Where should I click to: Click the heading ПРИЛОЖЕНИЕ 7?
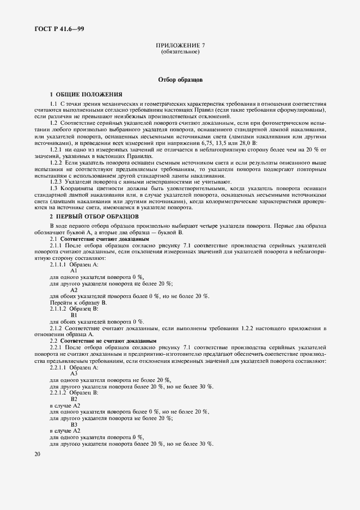pyautogui.click(x=180, y=46)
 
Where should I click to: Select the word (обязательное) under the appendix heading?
pyautogui.click(x=180, y=52)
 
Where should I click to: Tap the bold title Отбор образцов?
pyautogui.click(x=180, y=80)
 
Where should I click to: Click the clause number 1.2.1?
pyautogui.click(x=57, y=149)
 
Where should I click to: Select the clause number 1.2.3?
pyautogui.click(x=57, y=181)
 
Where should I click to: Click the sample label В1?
pyautogui.click(x=75, y=314)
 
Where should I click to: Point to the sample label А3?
pyautogui.click(x=75, y=373)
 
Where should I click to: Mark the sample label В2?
pyautogui.click(x=75, y=399)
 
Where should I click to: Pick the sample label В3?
pyautogui.click(x=75, y=424)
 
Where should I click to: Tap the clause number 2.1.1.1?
pyautogui.click(x=59, y=264)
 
